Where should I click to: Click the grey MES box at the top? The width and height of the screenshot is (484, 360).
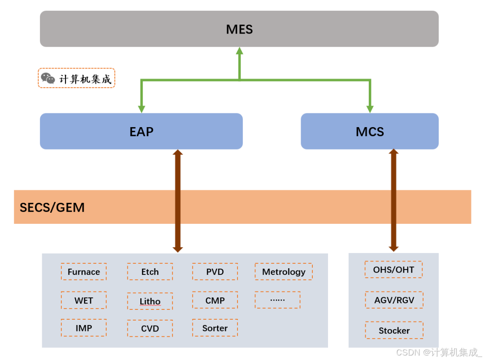tap(239, 29)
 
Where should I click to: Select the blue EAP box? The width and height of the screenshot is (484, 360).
tap(141, 131)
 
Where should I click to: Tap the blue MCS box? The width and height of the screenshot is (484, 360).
tap(369, 131)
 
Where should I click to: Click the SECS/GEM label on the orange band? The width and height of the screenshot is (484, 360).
tap(52, 207)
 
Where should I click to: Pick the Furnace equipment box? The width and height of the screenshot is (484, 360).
tap(84, 272)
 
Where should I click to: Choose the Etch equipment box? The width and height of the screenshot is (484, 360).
tap(150, 272)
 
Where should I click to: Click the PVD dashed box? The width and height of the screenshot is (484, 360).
tap(215, 272)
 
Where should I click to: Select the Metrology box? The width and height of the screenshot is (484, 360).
tap(284, 272)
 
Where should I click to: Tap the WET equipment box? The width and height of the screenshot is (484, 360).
tap(84, 300)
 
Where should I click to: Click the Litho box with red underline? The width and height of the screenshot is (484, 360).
tap(150, 301)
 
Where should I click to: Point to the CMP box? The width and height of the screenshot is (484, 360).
tap(215, 300)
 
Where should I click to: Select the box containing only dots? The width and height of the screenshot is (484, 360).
tap(277, 300)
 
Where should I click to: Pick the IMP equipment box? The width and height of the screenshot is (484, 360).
tap(84, 328)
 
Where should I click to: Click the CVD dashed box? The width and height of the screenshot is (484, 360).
tap(150, 329)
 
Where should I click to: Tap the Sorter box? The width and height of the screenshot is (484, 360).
tap(215, 328)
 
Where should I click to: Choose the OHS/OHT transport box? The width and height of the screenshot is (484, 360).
tap(393, 270)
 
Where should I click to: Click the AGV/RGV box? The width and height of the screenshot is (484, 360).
tap(394, 300)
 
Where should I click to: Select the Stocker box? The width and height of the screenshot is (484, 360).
tap(394, 330)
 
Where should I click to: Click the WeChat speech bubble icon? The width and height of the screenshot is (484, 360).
tap(48, 78)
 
